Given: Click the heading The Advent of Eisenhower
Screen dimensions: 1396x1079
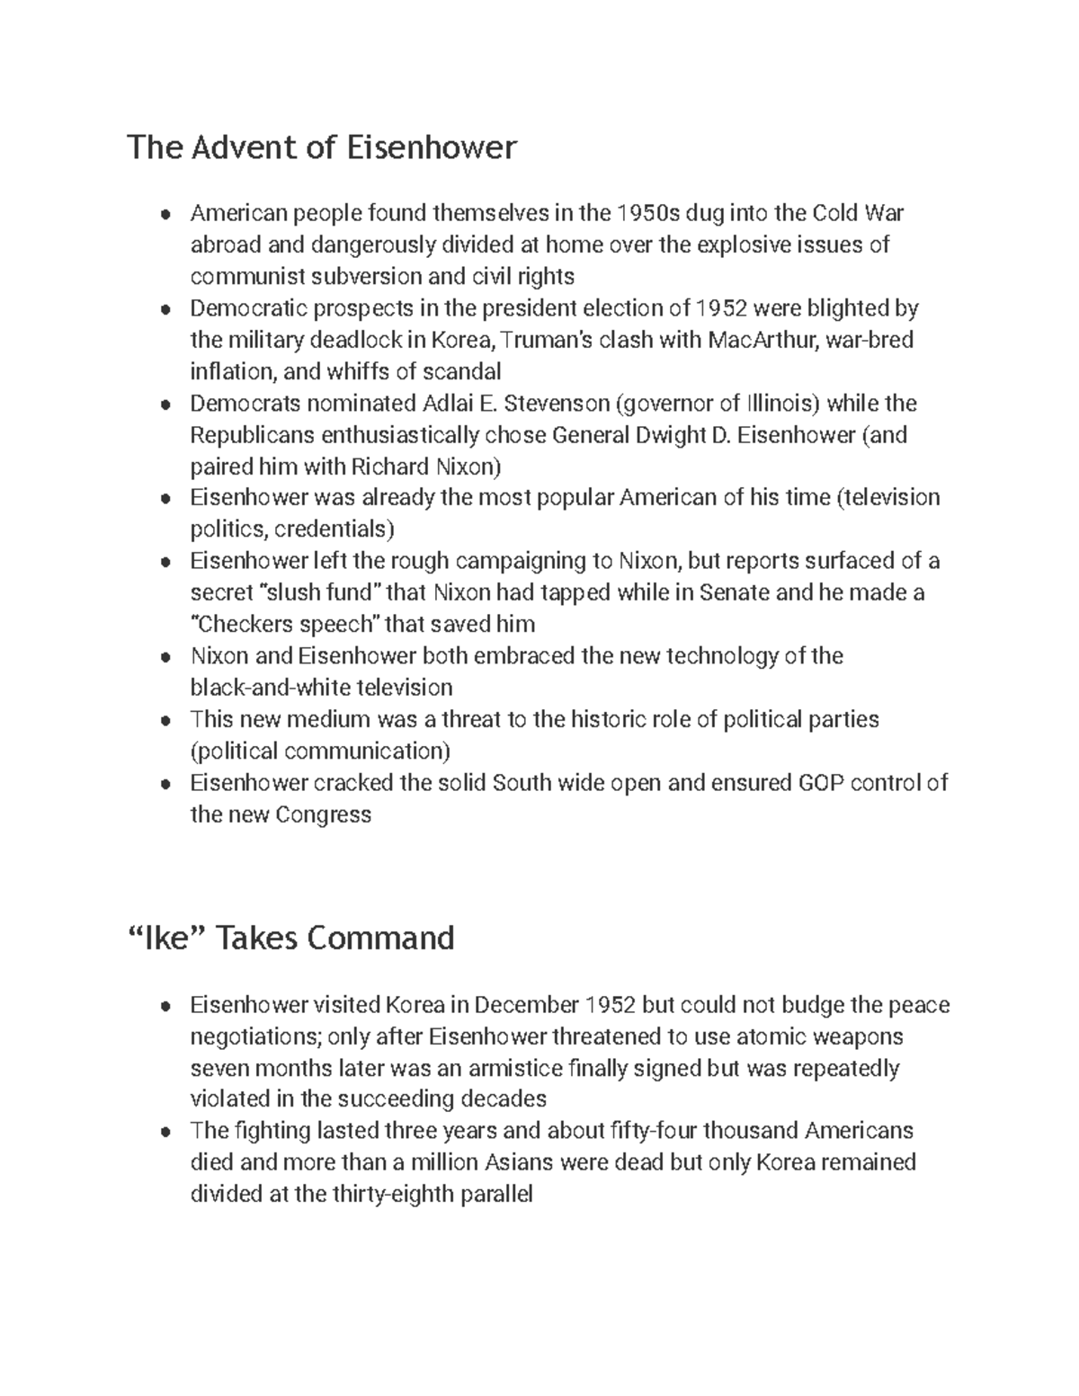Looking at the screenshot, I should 322,147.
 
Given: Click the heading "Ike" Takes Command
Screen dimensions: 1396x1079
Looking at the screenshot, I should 291,938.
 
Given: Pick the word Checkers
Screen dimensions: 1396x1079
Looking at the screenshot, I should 244,625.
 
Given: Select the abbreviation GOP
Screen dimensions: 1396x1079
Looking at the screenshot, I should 820,783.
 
